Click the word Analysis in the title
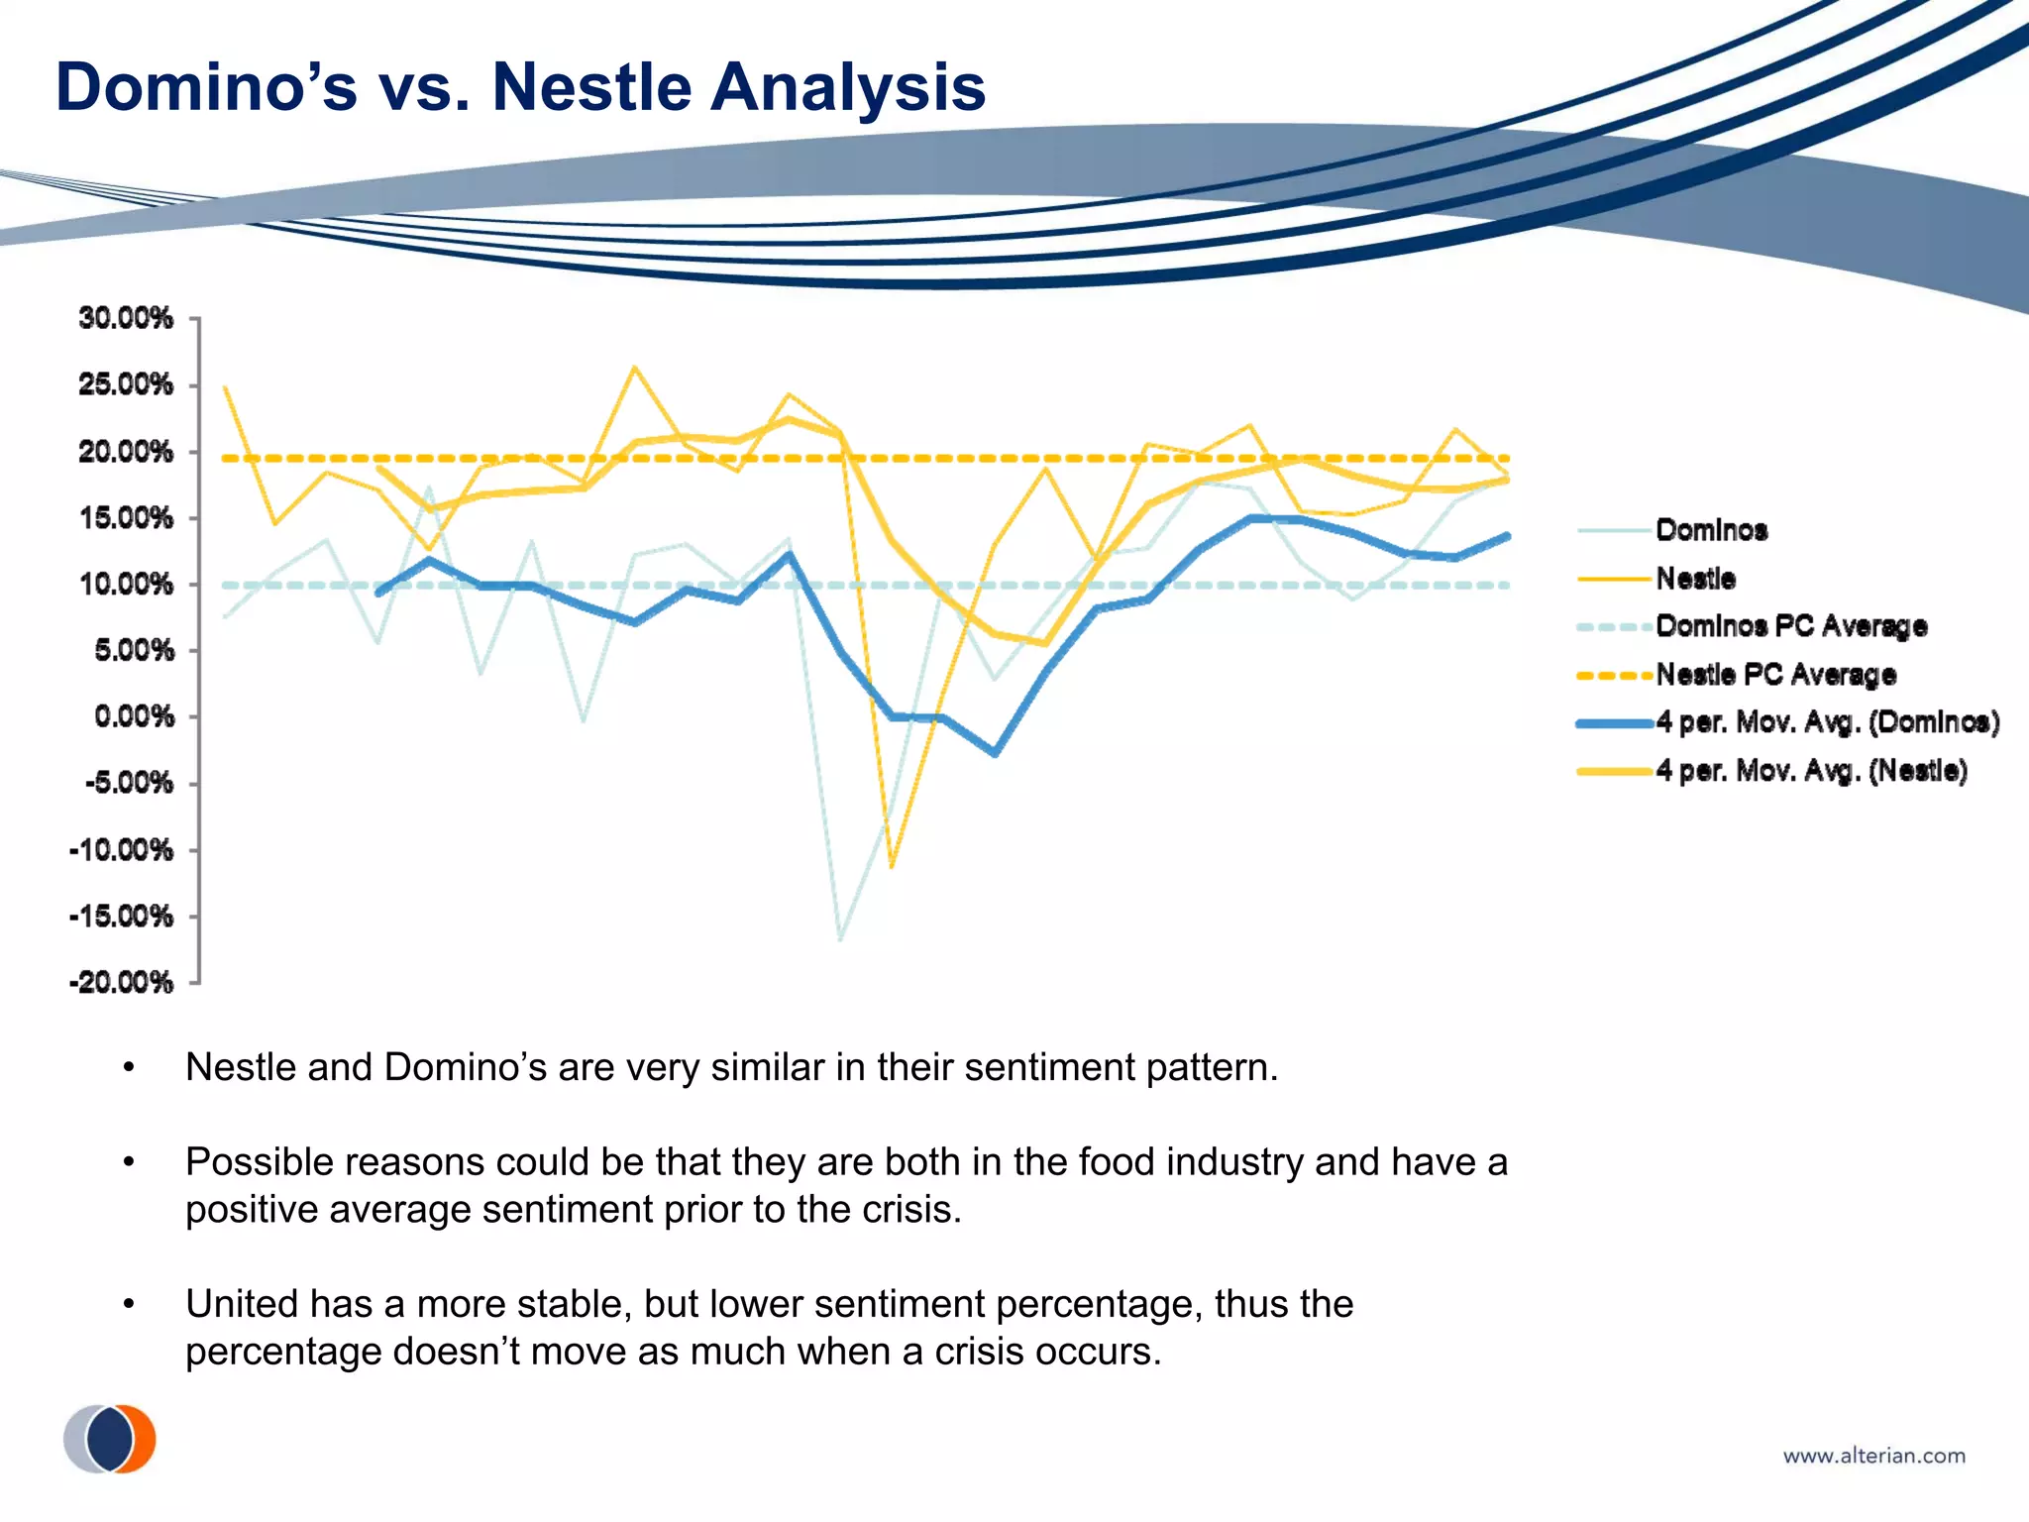(x=848, y=87)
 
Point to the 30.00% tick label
(x=126, y=318)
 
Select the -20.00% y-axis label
(x=121, y=982)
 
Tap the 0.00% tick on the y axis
(x=134, y=716)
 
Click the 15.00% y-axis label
(x=126, y=517)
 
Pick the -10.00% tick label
(x=121, y=849)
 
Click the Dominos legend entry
(x=1711, y=530)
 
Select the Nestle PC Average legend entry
(x=1775, y=675)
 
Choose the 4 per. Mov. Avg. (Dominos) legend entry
(x=1827, y=722)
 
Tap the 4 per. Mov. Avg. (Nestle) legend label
(x=1811, y=771)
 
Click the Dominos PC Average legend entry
(x=1791, y=626)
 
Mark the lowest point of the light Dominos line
(x=840, y=938)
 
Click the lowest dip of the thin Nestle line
(x=892, y=867)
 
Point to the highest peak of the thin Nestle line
(x=634, y=368)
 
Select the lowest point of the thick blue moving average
(x=995, y=753)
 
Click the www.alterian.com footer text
(x=1873, y=1456)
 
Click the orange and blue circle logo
(x=110, y=1438)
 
